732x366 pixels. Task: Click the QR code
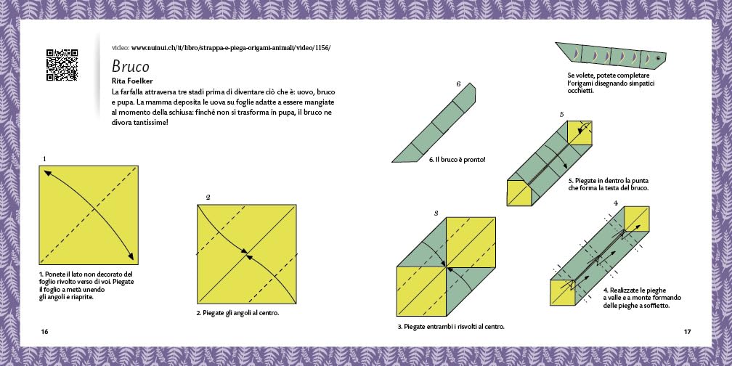[x=62, y=65]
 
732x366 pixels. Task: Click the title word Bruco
[x=130, y=65]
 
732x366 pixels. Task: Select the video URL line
[x=221, y=48]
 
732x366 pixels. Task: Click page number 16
[x=44, y=332]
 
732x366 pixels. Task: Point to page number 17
[x=687, y=332]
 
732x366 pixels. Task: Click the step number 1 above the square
[x=44, y=159]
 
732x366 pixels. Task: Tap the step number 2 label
[x=208, y=198]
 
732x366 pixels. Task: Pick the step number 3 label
[x=436, y=213]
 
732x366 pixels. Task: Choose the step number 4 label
[x=616, y=203]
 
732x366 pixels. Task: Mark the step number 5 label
[x=561, y=115]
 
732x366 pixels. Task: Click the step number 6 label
[x=458, y=84]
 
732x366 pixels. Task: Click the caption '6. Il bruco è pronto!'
[x=457, y=160]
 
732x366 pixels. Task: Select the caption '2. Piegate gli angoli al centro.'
[x=237, y=313]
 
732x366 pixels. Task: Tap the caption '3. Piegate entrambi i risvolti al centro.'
[x=451, y=327]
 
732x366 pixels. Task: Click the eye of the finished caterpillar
[x=658, y=58]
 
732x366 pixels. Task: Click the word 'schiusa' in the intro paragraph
[x=185, y=113]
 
